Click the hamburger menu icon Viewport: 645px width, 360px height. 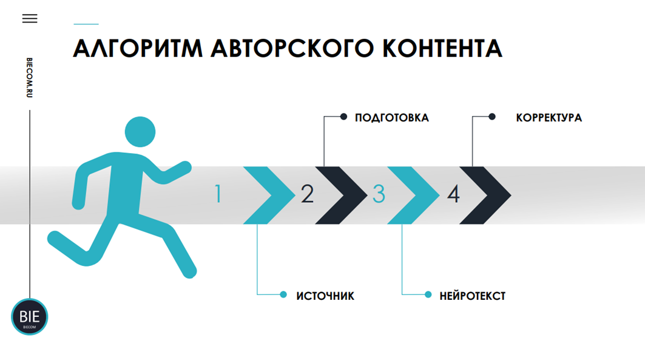[x=30, y=18]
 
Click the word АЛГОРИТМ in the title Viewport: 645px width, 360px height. [x=137, y=49]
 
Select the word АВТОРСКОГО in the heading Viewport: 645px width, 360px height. [x=294, y=49]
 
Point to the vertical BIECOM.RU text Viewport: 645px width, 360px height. [x=30, y=78]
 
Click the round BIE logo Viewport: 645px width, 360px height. [x=29, y=317]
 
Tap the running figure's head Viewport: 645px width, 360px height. [x=140, y=131]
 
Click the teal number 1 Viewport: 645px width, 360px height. [x=218, y=194]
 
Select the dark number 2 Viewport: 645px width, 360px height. [x=307, y=194]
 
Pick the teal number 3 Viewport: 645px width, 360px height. [x=379, y=194]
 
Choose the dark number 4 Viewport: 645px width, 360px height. [x=453, y=194]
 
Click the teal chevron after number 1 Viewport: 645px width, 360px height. [x=271, y=195]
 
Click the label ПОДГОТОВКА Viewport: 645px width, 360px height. [x=392, y=118]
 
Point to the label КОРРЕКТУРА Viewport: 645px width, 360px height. [x=549, y=118]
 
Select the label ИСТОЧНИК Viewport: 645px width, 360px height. [x=325, y=296]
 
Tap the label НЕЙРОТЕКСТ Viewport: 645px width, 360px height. [x=473, y=296]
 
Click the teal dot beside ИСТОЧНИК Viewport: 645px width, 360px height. [x=283, y=294]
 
